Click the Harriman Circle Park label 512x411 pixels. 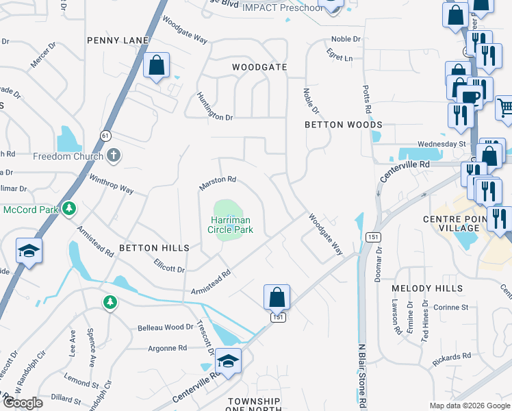tap(231, 225)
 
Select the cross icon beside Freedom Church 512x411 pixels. tap(114, 156)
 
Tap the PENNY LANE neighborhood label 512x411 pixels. tap(118, 41)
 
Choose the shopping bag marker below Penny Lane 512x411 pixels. tap(157, 66)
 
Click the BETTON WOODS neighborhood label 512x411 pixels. tap(344, 125)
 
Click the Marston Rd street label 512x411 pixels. tap(217, 183)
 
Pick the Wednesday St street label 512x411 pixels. tap(441, 144)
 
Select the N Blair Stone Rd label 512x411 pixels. tap(361, 377)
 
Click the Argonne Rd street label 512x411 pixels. tap(168, 348)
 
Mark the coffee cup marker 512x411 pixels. tap(471, 97)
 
